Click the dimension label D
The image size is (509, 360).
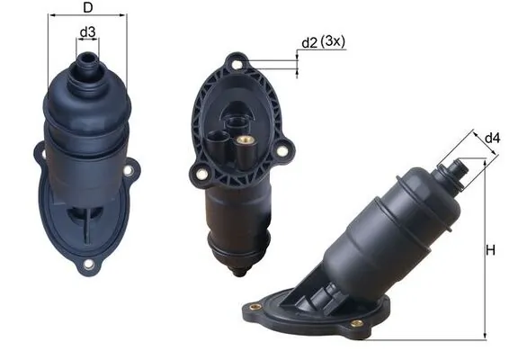(86, 9)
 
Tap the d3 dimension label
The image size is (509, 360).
(87, 32)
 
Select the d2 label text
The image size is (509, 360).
(309, 41)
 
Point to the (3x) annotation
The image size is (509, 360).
(335, 41)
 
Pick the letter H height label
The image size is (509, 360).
(492, 249)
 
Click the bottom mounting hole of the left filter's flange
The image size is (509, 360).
(88, 265)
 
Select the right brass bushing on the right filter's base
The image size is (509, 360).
(357, 323)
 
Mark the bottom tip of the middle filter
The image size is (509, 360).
(239, 271)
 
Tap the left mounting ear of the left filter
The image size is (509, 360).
(41, 154)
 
